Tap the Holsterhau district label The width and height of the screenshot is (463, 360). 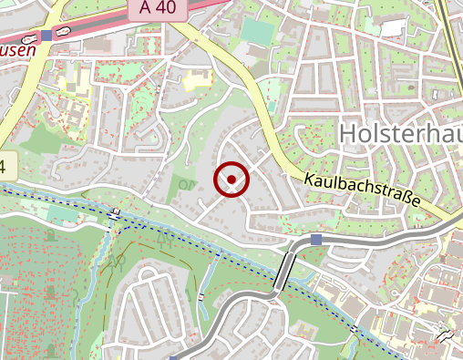pyautogui.click(x=400, y=133)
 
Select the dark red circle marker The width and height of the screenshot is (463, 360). pyautogui.click(x=231, y=180)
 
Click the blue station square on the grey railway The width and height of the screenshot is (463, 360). pyautogui.click(x=315, y=239)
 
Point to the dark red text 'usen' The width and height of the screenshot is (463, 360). pyautogui.click(x=18, y=51)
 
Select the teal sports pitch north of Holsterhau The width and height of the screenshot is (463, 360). pyautogui.click(x=258, y=31)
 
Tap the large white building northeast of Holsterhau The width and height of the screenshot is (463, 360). pyautogui.click(x=392, y=27)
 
